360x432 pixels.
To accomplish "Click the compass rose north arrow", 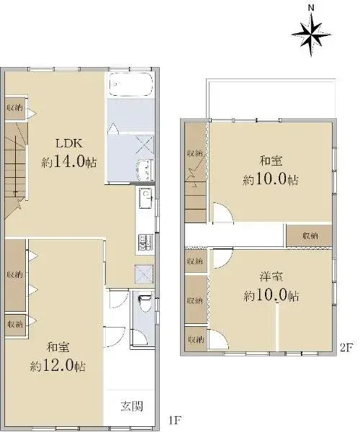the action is [x=311, y=35].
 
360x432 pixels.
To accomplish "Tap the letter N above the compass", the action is [x=311, y=8].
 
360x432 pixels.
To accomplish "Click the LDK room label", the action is [x=69, y=143].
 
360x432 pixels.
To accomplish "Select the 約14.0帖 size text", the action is [x=69, y=162].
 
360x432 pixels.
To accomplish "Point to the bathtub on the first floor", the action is [x=131, y=84].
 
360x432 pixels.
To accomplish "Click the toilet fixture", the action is [x=144, y=303].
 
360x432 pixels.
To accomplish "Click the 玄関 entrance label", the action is [x=132, y=406].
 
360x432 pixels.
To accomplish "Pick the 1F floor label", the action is [x=174, y=420].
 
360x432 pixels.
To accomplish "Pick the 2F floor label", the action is [x=346, y=348].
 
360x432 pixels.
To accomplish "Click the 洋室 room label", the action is [x=271, y=276].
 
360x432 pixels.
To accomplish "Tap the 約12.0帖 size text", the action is [x=58, y=366].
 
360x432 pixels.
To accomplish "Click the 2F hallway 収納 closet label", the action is [x=310, y=236].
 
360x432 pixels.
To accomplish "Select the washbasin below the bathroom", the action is [x=145, y=170].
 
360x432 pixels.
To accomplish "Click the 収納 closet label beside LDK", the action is [x=15, y=107].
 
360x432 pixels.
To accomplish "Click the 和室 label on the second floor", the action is [x=271, y=161].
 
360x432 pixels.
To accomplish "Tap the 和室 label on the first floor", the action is [x=58, y=347].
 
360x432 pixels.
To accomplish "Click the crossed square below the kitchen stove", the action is [x=143, y=274].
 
